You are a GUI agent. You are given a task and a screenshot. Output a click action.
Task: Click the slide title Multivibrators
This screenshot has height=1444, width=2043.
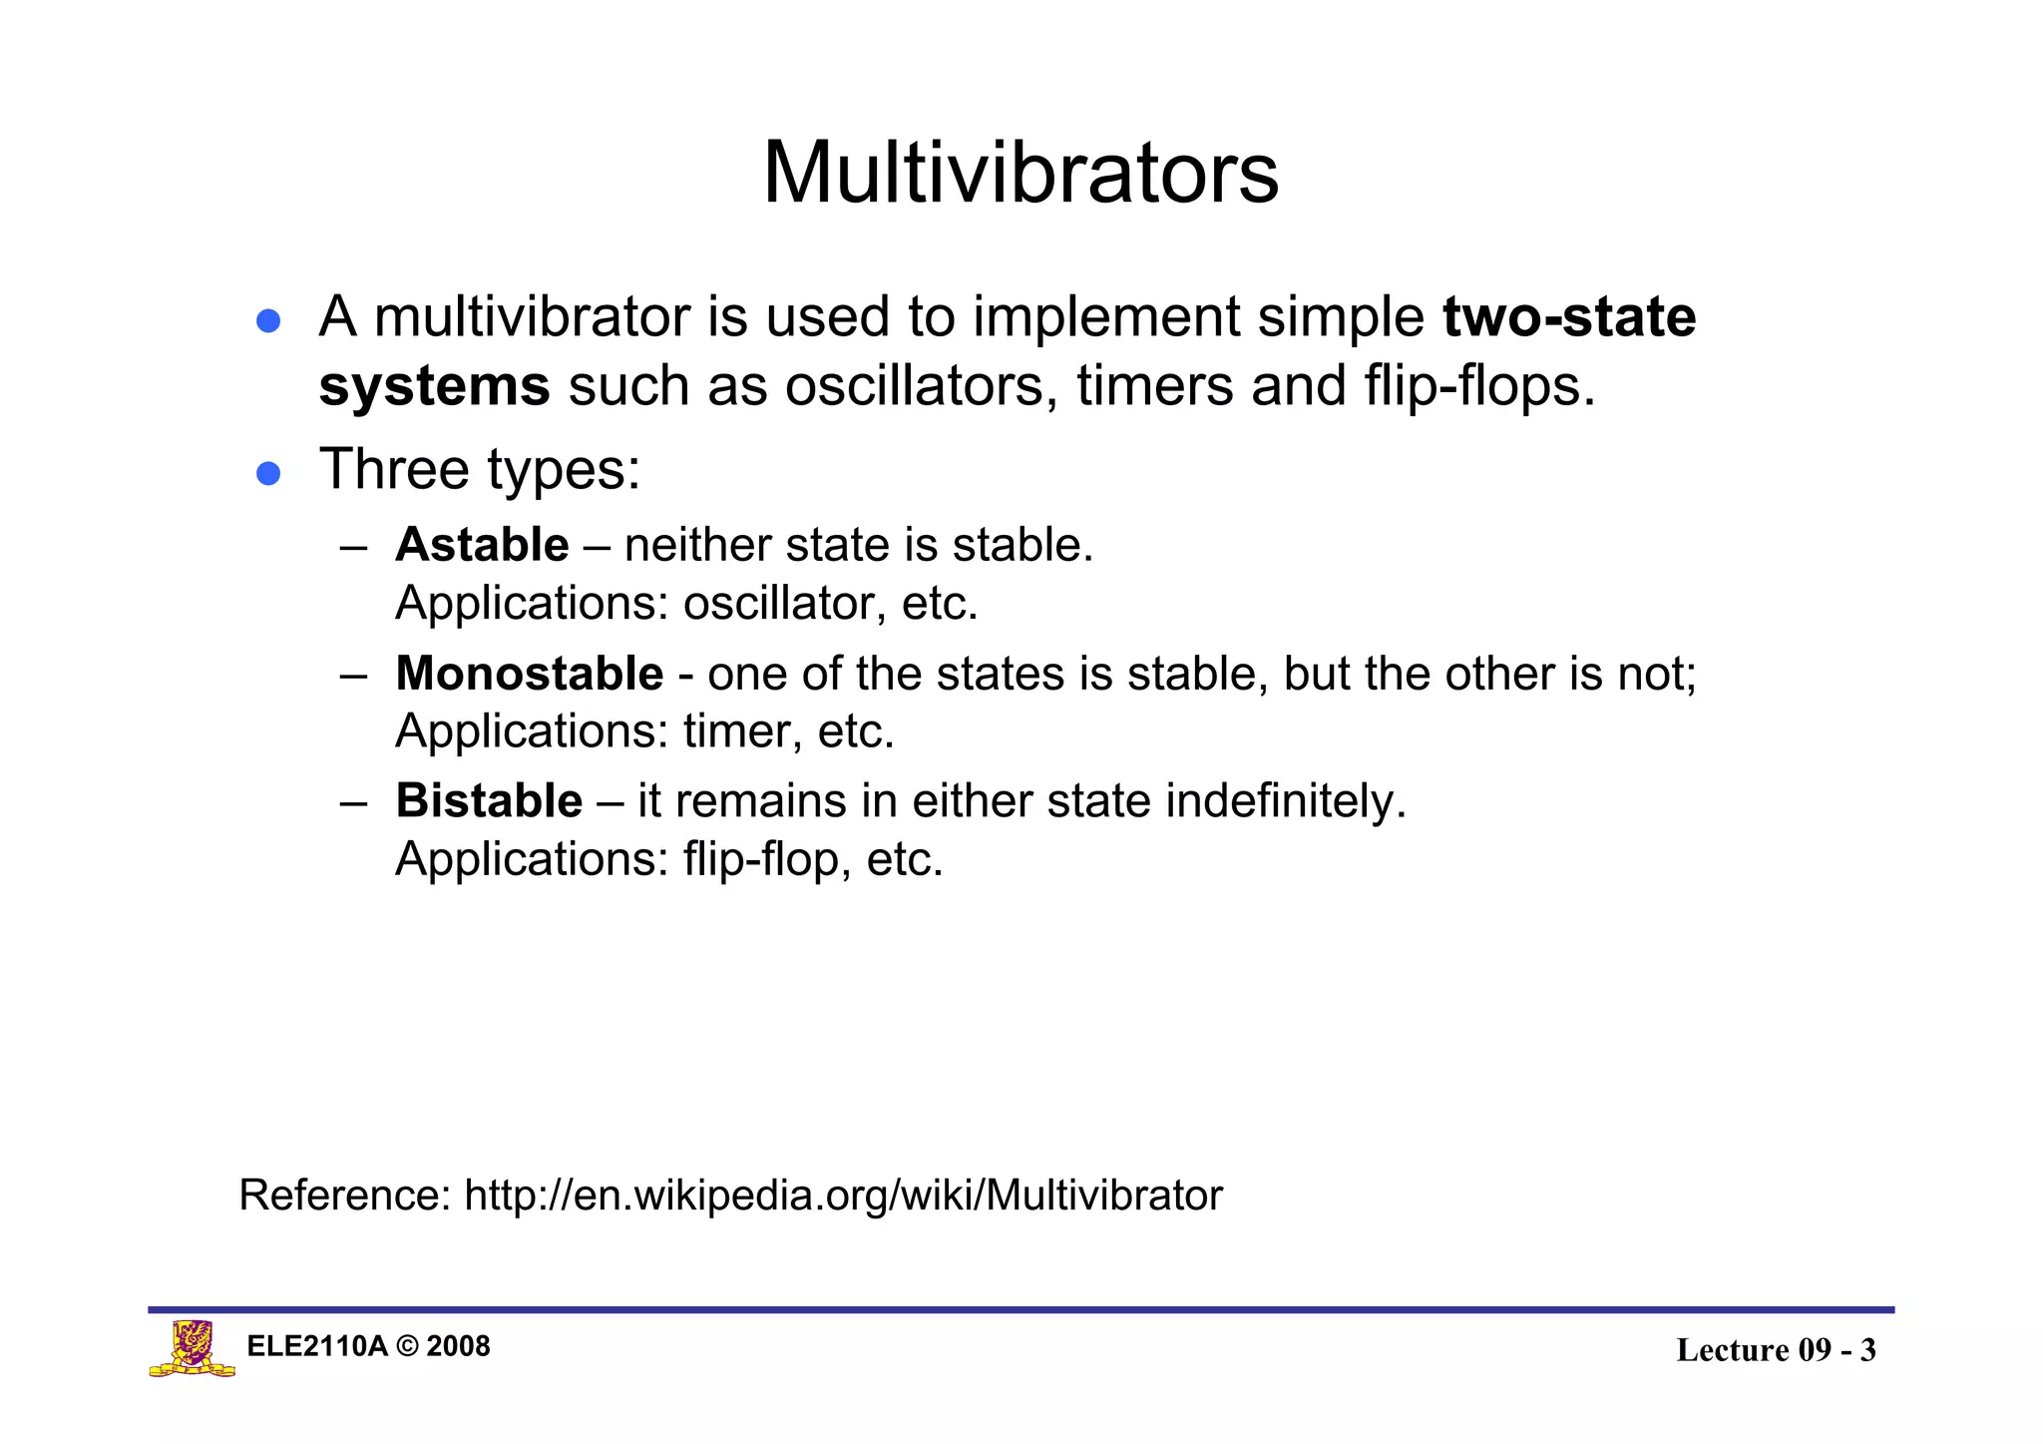(1020, 173)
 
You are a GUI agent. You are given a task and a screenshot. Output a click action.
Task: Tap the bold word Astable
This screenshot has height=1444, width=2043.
(482, 545)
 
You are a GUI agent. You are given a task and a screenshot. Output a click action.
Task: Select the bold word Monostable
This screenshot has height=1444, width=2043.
(529, 674)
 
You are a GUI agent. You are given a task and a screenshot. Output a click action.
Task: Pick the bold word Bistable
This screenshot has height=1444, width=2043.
(489, 800)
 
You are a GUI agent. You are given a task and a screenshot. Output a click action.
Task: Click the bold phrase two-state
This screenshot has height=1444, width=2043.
(1568, 317)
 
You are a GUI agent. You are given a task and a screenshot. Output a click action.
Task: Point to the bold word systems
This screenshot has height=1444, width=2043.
(434, 386)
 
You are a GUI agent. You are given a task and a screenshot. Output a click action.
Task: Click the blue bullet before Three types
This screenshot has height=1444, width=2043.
(267, 472)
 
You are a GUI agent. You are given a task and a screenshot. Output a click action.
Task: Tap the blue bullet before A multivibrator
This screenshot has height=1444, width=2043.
(267, 321)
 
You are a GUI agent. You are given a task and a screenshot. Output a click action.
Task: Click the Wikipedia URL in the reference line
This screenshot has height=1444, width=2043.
(843, 1195)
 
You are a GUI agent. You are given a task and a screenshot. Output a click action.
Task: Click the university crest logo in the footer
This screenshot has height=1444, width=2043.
(193, 1349)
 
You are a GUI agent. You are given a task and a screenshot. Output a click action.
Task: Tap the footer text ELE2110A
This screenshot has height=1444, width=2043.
(316, 1346)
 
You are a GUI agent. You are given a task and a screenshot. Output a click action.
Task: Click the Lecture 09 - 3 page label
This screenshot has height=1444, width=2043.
(1776, 1350)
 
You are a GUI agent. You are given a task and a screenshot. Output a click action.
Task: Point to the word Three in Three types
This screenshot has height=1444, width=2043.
(394, 469)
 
